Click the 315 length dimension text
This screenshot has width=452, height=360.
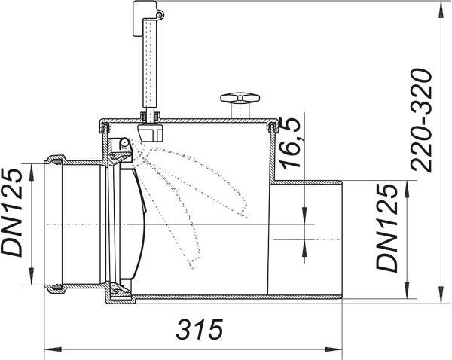pyautogui.click(x=200, y=329)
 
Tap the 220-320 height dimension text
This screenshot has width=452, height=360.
pyautogui.click(x=422, y=121)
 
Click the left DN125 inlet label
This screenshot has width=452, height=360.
pyautogui.click(x=11, y=212)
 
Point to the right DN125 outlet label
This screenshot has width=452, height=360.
pyautogui.click(x=387, y=227)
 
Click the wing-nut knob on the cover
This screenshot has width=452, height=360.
pyautogui.click(x=240, y=105)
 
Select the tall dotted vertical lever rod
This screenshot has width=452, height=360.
pyautogui.click(x=150, y=66)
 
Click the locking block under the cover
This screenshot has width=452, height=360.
pyautogui.click(x=150, y=133)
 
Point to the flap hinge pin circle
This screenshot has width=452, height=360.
pyautogui.click(x=124, y=142)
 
